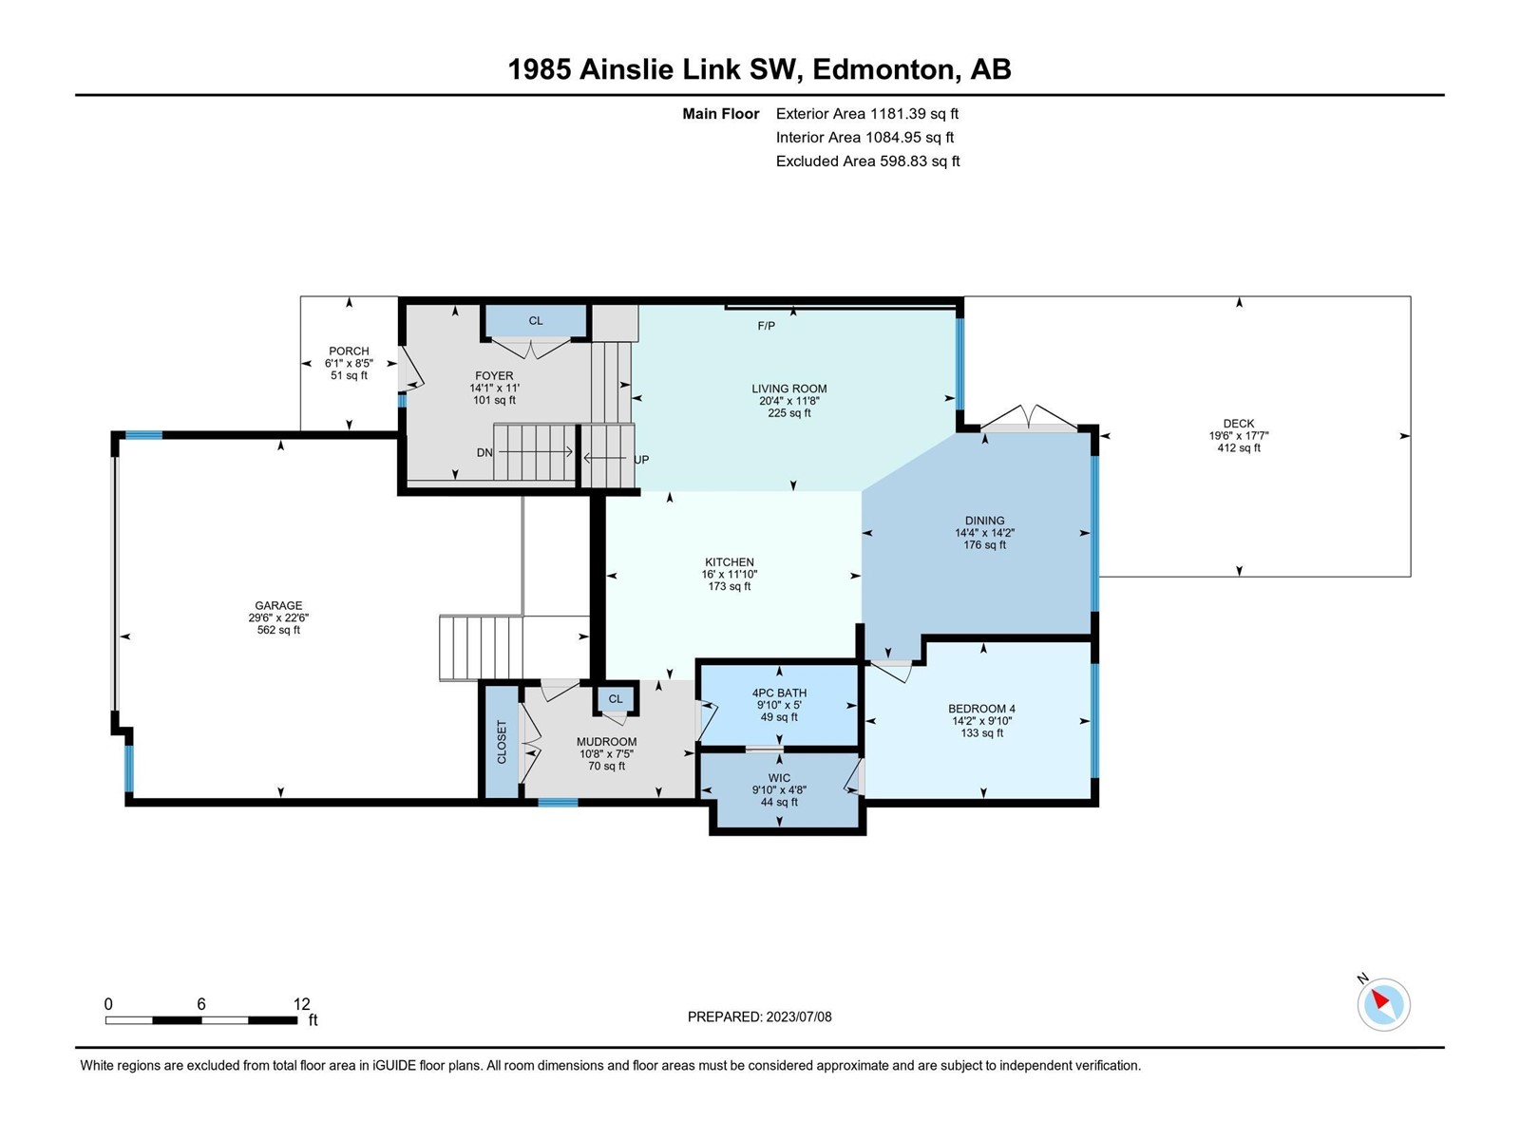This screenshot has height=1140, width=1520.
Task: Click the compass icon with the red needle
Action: pyautogui.click(x=1383, y=1004)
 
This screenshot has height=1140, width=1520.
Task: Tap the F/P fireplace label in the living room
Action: pyautogui.click(x=766, y=326)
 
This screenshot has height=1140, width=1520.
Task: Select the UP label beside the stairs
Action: pyautogui.click(x=641, y=460)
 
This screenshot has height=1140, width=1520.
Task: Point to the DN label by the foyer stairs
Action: pyautogui.click(x=484, y=453)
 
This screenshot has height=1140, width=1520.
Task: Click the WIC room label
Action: pyautogui.click(x=779, y=778)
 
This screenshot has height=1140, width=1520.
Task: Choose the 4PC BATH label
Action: pyautogui.click(x=779, y=693)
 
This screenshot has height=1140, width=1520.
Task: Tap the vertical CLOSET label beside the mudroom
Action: pyautogui.click(x=502, y=742)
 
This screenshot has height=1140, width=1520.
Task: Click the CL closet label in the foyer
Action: pyautogui.click(x=535, y=321)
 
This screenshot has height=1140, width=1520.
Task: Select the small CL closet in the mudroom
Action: pyautogui.click(x=616, y=699)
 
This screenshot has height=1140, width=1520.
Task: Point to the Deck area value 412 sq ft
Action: pyautogui.click(x=1239, y=447)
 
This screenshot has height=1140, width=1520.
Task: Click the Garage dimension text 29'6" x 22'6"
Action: pyautogui.click(x=278, y=618)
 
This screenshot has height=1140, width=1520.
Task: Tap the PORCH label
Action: pyautogui.click(x=349, y=351)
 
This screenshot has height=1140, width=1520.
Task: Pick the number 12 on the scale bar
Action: pyautogui.click(x=301, y=1003)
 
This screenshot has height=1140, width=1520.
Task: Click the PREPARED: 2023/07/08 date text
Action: pyautogui.click(x=760, y=1016)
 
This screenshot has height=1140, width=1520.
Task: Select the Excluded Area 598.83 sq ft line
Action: pyautogui.click(x=867, y=161)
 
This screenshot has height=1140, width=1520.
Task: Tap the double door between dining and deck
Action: pyautogui.click(x=1029, y=419)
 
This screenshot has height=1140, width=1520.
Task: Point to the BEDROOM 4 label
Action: pyautogui.click(x=981, y=709)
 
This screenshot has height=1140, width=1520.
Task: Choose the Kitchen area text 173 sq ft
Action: pyautogui.click(x=730, y=586)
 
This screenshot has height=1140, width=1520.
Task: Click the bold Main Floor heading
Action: pyautogui.click(x=721, y=113)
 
